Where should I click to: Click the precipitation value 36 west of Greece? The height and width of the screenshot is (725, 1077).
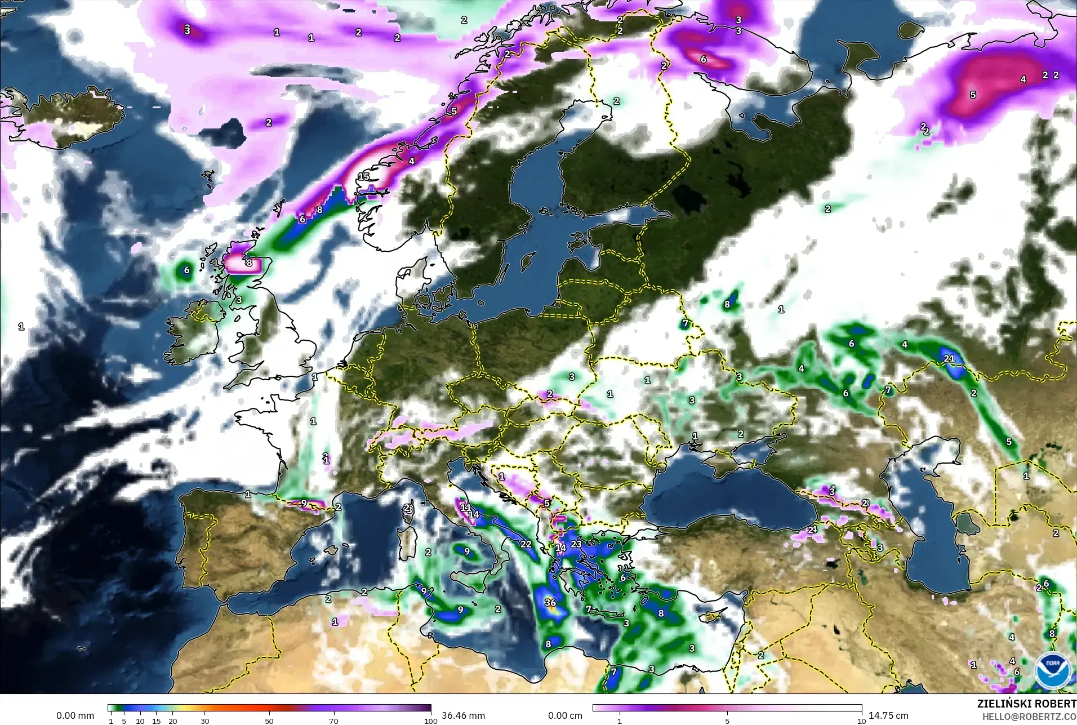(550, 602)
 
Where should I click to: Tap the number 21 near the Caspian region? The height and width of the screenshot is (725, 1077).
(949, 358)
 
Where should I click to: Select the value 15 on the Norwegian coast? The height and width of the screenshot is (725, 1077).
(364, 176)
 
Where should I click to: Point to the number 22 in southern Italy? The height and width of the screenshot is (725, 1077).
(526, 544)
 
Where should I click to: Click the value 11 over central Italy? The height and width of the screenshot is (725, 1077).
(466, 507)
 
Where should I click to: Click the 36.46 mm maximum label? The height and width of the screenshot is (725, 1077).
(463, 715)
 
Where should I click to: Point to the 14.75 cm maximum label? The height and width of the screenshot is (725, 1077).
(888, 715)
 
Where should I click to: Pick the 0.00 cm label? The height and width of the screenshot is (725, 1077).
(565, 715)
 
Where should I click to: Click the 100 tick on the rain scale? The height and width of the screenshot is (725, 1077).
(430, 720)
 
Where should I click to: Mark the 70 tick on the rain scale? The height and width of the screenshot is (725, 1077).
(333, 720)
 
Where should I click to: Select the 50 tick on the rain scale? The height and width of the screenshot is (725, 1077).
(269, 720)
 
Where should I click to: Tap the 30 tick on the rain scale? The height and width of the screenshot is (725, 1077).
(205, 720)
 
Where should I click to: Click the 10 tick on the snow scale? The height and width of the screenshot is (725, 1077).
(861, 720)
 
